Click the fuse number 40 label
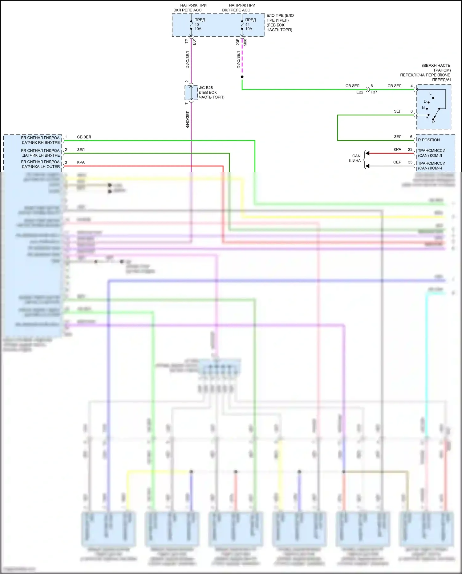(x=197, y=24)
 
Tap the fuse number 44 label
(x=247, y=24)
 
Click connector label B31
(x=194, y=42)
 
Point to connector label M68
(x=245, y=43)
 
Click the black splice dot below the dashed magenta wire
(x=242, y=77)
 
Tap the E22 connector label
(x=360, y=92)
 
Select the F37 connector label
(x=374, y=92)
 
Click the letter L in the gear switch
(x=430, y=93)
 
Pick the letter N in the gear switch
(x=423, y=108)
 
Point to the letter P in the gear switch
(x=433, y=122)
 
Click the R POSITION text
(x=429, y=140)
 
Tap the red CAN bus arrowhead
(x=367, y=153)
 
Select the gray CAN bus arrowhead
(x=367, y=166)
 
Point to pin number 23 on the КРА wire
(x=410, y=150)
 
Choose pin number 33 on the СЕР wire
(x=410, y=162)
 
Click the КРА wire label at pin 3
(x=81, y=162)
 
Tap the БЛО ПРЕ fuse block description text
(x=280, y=23)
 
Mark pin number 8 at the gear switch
(x=411, y=111)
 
